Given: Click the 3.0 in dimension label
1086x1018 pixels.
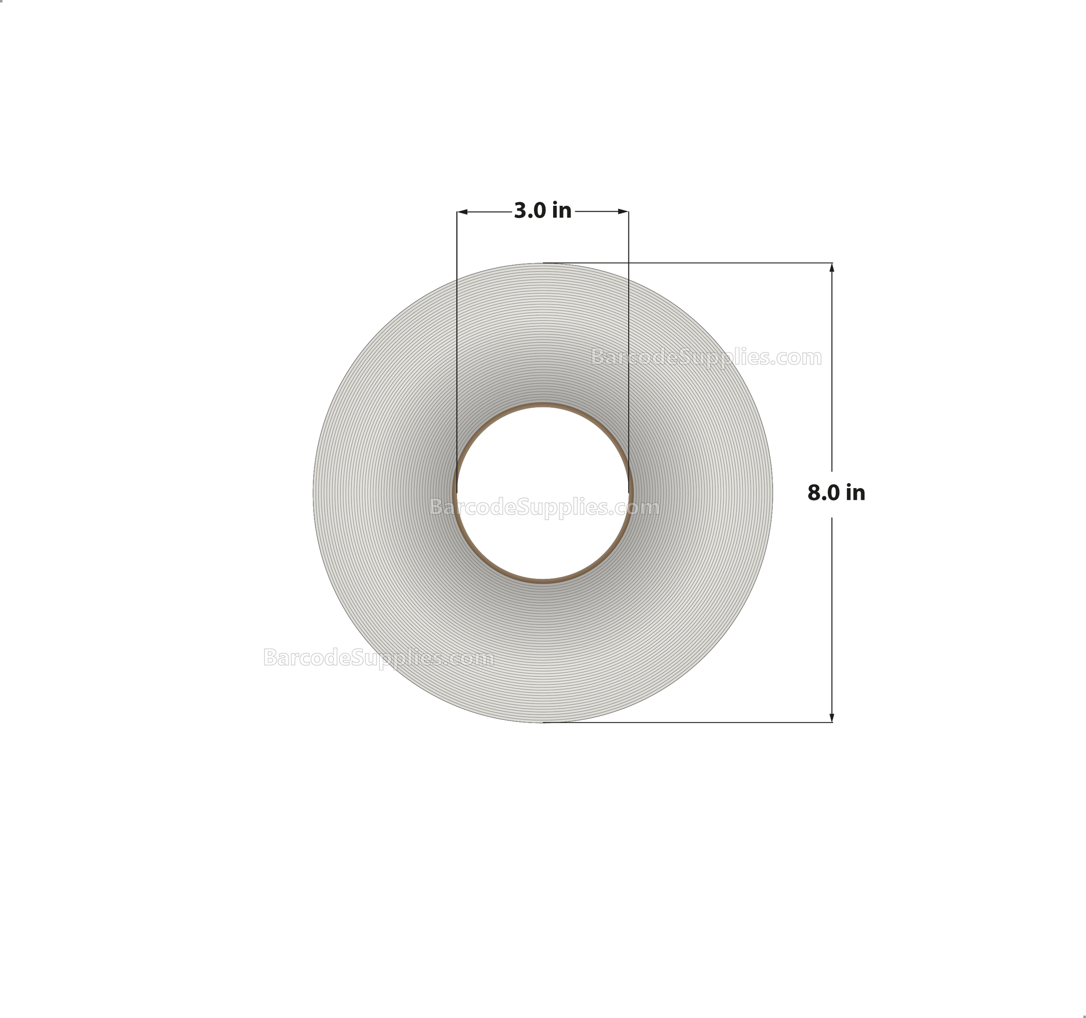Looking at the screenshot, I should tap(542, 211).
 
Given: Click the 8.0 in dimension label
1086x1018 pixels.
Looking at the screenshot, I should tap(836, 493).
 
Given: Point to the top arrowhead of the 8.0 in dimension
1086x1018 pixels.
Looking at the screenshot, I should tap(831, 268).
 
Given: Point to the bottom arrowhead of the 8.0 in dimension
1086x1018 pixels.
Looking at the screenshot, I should tap(831, 717).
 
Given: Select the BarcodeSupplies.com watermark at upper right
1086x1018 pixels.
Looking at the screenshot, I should tap(706, 358).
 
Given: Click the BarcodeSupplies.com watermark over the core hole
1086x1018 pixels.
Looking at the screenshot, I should tap(544, 508).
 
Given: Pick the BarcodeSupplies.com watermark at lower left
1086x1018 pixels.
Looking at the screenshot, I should tap(378, 658).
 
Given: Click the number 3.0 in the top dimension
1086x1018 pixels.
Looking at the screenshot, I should tap(529, 211).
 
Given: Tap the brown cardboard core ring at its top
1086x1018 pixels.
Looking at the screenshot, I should tap(542, 405).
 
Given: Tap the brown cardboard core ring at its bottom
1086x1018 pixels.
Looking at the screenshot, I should tap(542, 581).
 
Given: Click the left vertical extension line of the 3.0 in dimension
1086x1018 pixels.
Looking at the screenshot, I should tap(457, 328).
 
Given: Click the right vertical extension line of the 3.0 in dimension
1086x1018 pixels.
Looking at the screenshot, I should tap(628, 328).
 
